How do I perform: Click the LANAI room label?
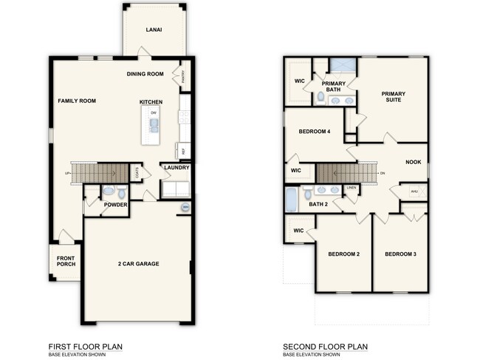click(154, 30)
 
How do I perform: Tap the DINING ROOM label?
click(145, 74)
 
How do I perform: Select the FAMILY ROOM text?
click(77, 101)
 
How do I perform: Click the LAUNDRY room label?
click(176, 168)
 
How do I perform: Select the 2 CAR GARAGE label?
click(138, 264)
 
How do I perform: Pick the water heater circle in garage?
click(185, 208)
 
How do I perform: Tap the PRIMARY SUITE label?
click(392, 97)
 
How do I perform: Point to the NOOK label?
click(414, 162)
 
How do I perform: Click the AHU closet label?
click(414, 191)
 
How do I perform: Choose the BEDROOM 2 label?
click(343, 254)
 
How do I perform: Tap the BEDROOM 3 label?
click(400, 254)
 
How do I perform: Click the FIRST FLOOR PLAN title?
click(85, 346)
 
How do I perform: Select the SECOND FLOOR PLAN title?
click(325, 346)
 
